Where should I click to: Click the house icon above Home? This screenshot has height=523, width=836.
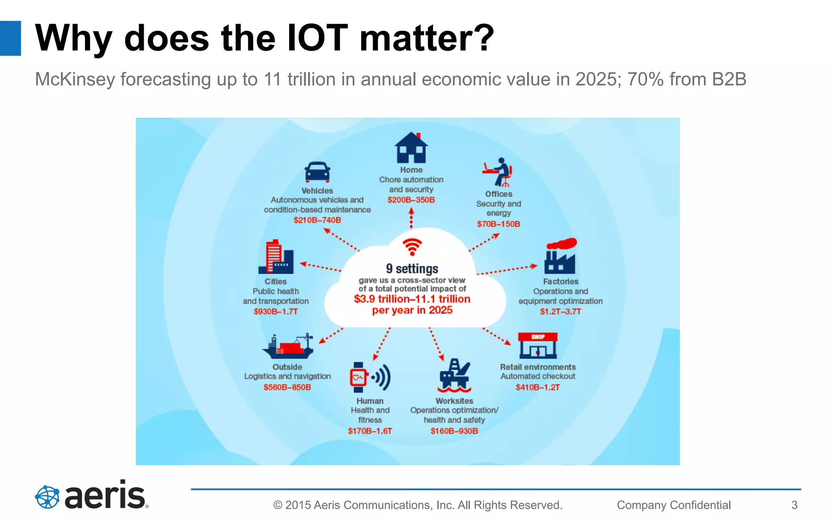coord(411,148)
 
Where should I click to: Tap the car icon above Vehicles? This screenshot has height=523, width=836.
coord(317,172)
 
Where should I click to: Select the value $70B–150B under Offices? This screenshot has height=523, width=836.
coord(498,224)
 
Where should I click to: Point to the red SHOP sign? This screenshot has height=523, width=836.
coord(538,337)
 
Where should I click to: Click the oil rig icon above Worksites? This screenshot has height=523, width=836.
coord(454,375)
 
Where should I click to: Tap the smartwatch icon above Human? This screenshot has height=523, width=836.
coord(359,377)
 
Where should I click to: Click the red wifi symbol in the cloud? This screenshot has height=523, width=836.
coord(412,246)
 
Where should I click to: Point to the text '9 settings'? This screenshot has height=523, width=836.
coord(412,268)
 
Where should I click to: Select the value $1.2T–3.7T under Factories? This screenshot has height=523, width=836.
coord(560,311)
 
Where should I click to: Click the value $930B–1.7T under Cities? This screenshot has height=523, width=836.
coord(276,311)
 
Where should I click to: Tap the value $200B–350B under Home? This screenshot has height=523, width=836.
coord(411,200)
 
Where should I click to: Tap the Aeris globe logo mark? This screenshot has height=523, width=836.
coord(47,497)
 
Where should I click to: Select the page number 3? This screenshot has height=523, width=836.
coord(794,505)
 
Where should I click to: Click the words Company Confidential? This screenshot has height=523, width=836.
coord(674,505)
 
